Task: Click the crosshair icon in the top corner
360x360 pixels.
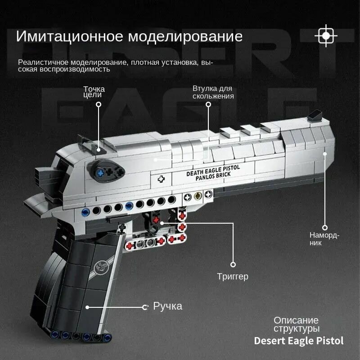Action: click(326, 36)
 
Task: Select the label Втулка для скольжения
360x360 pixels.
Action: click(213, 92)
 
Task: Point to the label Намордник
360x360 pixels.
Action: click(324, 239)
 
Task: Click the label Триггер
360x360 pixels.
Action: click(233, 276)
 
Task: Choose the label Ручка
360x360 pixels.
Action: click(167, 306)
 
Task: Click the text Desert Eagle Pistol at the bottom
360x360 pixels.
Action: click(298, 341)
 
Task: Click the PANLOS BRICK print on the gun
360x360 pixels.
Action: click(213, 177)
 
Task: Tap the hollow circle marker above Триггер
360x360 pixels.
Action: click(233, 265)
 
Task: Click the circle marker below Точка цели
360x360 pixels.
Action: click(99, 104)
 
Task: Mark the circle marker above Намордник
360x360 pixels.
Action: click(325, 228)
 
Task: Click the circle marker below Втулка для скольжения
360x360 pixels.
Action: click(208, 104)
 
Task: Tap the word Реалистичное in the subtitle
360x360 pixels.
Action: click(43, 63)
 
